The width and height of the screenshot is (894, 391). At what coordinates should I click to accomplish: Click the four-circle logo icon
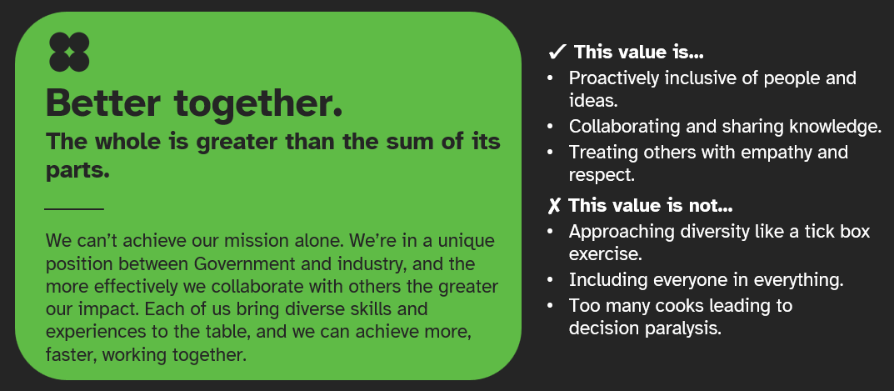tap(69, 52)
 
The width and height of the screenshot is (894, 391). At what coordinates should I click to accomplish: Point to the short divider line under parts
tap(74, 208)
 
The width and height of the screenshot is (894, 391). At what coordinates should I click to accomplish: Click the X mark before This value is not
tap(554, 205)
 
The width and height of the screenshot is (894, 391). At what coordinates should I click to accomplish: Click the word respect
tap(601, 175)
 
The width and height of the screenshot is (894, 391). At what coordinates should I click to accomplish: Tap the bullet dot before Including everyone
tap(550, 281)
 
